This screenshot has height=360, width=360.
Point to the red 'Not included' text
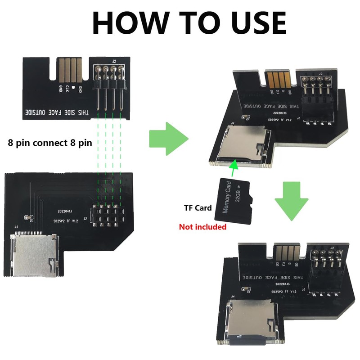[202, 227]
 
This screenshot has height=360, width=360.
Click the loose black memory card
[235, 201]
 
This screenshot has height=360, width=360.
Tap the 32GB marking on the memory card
[238, 195]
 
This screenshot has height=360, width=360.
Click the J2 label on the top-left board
[114, 61]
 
